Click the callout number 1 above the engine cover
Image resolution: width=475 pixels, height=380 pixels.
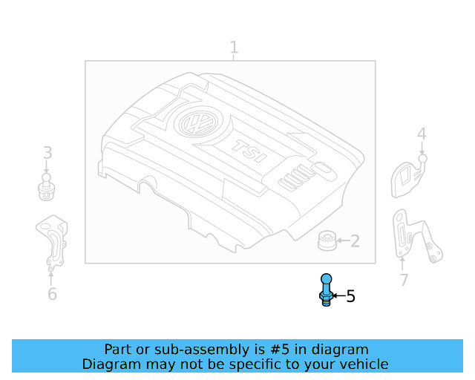click(x=234, y=47)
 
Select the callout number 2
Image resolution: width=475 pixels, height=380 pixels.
click(x=355, y=241)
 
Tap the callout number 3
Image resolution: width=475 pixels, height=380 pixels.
click(x=47, y=153)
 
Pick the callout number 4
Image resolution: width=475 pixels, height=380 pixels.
click(x=422, y=134)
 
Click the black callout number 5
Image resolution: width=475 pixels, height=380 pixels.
click(x=350, y=295)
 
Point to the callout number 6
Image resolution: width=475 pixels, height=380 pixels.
click(x=52, y=294)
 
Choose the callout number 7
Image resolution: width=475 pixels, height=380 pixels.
click(x=404, y=280)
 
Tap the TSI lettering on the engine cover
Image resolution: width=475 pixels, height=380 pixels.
click(x=249, y=151)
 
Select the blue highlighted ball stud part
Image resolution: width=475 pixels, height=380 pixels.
click(x=327, y=289)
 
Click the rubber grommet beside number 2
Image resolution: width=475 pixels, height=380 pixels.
click(x=327, y=240)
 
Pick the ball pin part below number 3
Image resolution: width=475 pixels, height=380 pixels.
click(x=46, y=187)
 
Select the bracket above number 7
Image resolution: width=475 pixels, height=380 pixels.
click(x=416, y=236)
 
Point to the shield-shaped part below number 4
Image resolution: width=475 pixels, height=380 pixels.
click(x=408, y=177)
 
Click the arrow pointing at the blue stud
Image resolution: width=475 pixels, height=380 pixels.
click(x=338, y=295)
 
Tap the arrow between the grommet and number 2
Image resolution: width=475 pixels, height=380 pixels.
click(x=343, y=240)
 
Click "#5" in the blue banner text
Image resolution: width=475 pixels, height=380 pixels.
click(x=279, y=350)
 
